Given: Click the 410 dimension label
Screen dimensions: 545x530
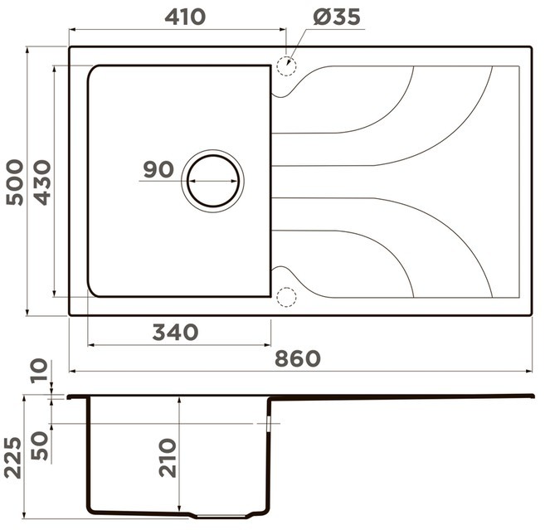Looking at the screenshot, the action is click(185, 17).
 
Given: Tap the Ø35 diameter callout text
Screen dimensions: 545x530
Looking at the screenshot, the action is click(336, 17).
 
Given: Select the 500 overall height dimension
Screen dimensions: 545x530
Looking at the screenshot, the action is click(15, 182).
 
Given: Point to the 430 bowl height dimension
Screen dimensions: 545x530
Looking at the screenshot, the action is click(42, 182).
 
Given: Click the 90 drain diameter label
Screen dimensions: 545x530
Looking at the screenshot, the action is click(158, 169).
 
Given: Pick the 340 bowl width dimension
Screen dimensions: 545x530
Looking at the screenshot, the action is click(175, 332).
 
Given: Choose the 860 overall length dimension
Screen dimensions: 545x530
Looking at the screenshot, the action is click(298, 358).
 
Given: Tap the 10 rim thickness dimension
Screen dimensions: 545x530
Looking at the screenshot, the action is click(39, 371).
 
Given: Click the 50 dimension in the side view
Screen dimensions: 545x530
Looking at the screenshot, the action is click(39, 446).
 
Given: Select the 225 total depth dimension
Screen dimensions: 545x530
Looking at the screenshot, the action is click(13, 458).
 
